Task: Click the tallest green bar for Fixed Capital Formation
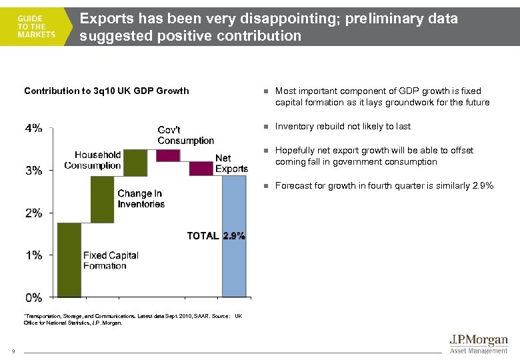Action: pos(69,259)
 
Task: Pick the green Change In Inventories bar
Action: pos(102,199)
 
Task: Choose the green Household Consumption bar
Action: pos(135,163)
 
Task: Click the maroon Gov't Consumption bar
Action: pos(168,155)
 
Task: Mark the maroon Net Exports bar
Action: pos(201,168)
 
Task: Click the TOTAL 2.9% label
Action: pos(215,235)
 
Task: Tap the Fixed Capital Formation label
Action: pos(111,261)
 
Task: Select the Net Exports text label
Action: pos(231,164)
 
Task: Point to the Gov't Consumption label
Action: pos(185,135)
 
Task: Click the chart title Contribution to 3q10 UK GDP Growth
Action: pos(107,91)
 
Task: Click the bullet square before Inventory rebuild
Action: pos(265,127)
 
